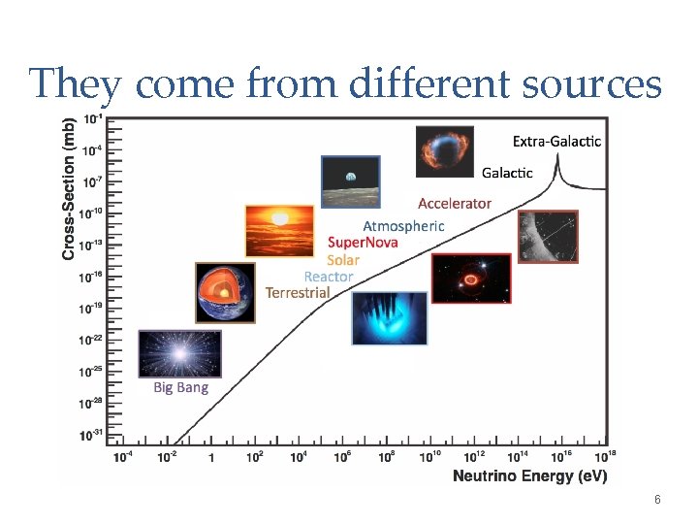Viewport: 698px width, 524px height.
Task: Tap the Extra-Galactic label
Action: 556,142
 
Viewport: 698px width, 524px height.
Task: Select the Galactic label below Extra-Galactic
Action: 508,173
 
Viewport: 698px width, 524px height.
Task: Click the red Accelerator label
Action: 455,204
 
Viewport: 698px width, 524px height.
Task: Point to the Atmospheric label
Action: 403,226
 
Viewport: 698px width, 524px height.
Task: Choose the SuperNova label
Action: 363,243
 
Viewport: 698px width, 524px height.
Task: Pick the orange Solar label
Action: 343,259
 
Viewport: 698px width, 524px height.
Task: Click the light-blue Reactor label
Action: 329,277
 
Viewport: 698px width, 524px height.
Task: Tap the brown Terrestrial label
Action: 298,292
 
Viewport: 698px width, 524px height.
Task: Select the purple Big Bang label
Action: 180,387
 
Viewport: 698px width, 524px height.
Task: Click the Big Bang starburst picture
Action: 179,354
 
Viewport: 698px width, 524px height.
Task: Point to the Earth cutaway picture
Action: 225,292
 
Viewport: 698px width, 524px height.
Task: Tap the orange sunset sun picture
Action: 280,231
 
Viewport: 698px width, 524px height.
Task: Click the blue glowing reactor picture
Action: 389,318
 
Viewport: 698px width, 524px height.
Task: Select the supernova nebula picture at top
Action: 444,151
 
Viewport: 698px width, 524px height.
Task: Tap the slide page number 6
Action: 657,500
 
